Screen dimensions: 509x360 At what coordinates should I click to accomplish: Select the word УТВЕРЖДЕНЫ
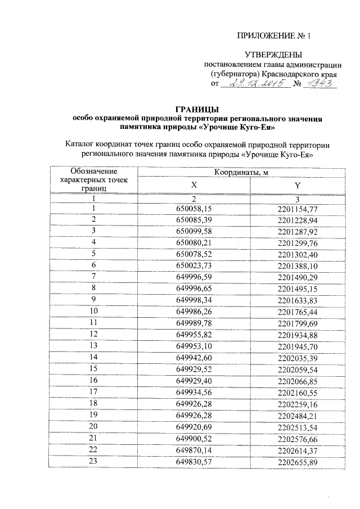273,55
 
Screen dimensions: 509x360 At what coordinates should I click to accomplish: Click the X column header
193,184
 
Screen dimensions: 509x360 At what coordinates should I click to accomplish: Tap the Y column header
298,184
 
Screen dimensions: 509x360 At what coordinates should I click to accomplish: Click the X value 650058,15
193,208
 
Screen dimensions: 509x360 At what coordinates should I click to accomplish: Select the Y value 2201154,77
298,208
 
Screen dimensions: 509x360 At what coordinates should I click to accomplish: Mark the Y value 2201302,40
298,254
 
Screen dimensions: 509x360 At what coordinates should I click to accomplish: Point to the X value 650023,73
193,265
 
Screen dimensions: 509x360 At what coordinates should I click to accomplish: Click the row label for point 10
94,311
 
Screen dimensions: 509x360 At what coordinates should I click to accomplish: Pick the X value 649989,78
193,322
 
